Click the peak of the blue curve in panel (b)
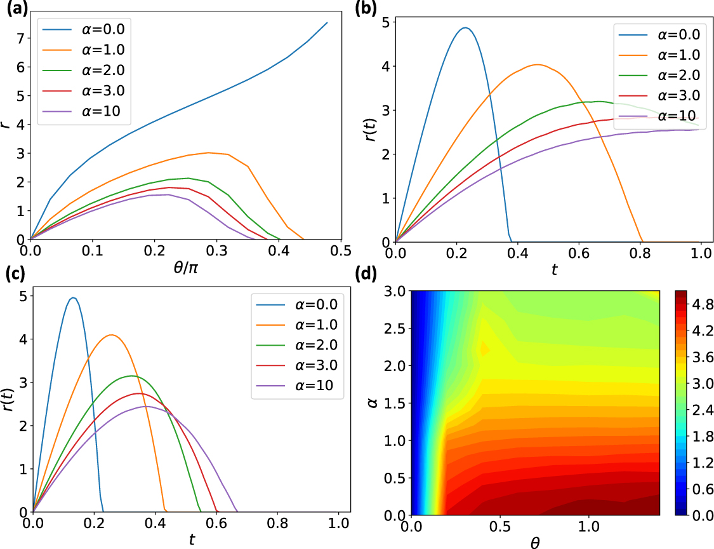pyautogui.click(x=465, y=28)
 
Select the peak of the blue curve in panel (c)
pyautogui.click(x=73, y=297)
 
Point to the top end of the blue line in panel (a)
pyautogui.click(x=327, y=23)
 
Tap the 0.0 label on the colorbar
pyautogui.click(x=701, y=515)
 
